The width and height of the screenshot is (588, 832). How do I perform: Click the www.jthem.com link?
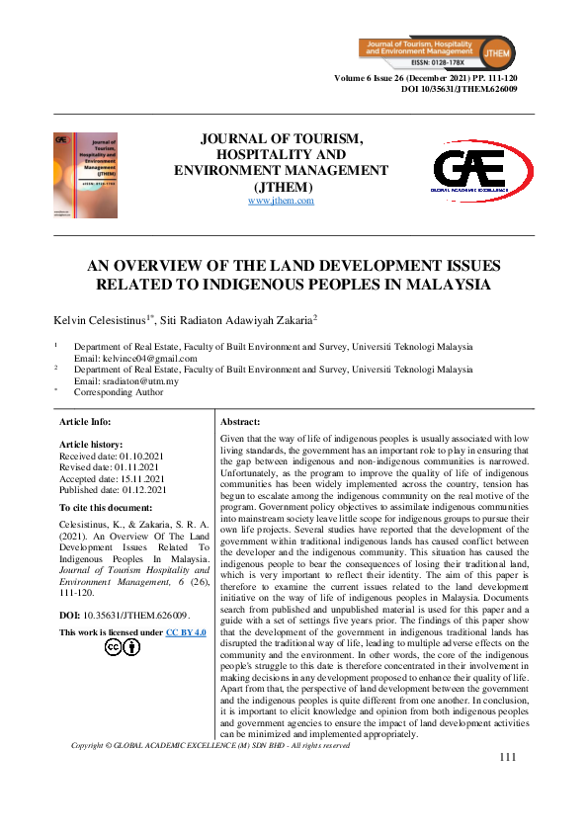(281, 201)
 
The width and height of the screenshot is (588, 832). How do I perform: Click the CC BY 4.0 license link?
(186, 632)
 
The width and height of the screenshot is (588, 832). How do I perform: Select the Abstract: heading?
(240, 421)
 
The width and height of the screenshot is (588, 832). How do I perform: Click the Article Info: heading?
(86, 421)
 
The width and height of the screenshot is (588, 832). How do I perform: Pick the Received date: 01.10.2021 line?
(113, 457)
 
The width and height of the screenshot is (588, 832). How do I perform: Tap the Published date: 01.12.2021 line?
(114, 489)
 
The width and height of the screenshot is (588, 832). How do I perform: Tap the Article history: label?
(91, 446)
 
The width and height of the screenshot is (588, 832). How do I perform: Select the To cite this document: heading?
(105, 507)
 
